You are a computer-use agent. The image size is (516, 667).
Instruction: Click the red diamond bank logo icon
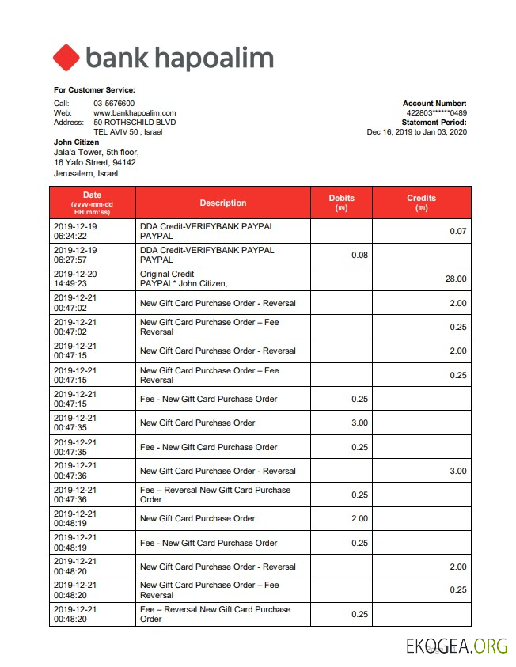66,58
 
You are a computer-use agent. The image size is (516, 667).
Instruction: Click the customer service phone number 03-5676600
114,104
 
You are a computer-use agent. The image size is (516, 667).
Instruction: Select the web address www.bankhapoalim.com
135,113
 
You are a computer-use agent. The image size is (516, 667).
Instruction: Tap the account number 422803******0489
436,113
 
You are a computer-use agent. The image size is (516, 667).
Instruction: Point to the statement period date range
417,132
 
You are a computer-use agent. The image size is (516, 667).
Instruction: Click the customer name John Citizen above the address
77,142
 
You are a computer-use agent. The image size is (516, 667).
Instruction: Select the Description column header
222,203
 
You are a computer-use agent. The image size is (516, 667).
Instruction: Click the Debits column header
341,203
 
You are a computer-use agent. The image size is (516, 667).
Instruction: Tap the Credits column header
421,203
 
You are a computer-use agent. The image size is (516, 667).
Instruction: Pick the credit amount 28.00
456,279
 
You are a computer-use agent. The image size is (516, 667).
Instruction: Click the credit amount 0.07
458,231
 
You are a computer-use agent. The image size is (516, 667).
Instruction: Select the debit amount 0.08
359,255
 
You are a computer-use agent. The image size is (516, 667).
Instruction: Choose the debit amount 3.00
359,423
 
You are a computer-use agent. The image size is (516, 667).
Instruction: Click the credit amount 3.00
458,471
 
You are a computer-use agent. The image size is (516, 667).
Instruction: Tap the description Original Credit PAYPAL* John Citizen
184,279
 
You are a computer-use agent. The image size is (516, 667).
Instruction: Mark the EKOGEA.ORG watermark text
457,646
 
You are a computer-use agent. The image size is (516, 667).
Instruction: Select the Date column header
92,203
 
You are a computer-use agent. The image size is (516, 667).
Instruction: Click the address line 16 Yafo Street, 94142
94,162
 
